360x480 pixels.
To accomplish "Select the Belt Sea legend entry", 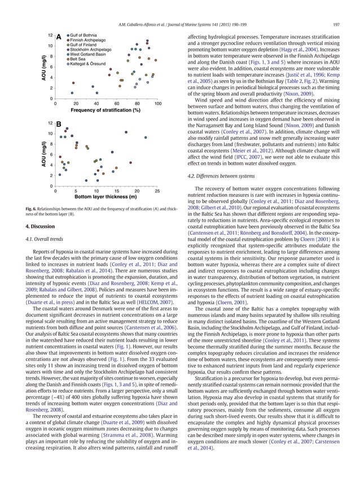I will [x=78, y=58].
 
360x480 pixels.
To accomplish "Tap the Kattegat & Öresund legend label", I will [x=89, y=63].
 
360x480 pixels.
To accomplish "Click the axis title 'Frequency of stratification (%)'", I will [x=106, y=111].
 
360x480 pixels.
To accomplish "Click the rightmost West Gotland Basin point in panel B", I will [x=146, y=137].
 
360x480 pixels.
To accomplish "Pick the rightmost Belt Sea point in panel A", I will [x=156, y=58].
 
